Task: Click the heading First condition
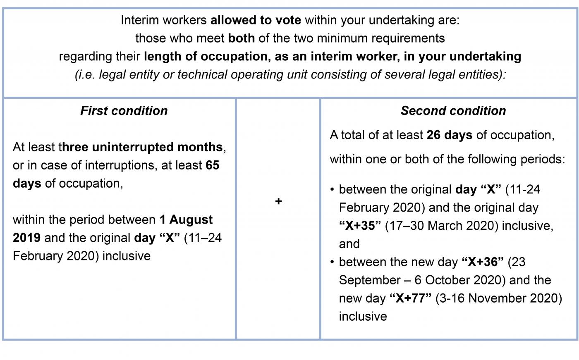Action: [x=124, y=111]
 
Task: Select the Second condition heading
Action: [x=453, y=111]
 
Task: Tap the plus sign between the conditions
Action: [x=278, y=201]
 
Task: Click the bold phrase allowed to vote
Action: [x=256, y=20]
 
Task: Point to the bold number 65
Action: [x=213, y=165]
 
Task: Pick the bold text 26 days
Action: [x=449, y=135]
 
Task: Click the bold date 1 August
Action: [x=186, y=219]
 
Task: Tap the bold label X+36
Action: [x=483, y=262]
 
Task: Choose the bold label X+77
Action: [x=411, y=298]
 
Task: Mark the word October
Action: [x=446, y=280]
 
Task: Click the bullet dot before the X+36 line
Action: [x=332, y=262]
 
